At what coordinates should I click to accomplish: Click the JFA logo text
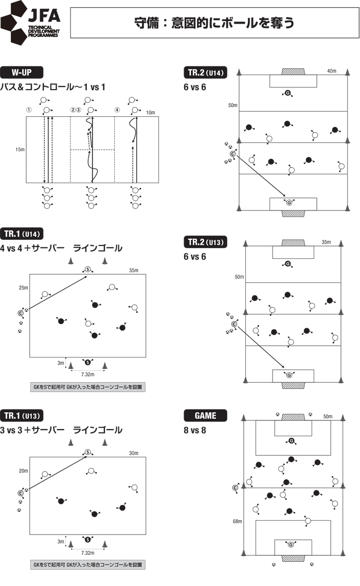tap(45, 15)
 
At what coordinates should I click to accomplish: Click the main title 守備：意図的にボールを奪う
tap(213, 23)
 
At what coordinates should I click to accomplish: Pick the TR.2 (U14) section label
tap(205, 73)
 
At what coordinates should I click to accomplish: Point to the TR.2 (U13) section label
tap(205, 242)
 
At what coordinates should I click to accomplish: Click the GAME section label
tap(205, 415)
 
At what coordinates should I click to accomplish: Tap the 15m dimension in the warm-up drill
tap(20, 150)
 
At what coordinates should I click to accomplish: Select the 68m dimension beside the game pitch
tap(237, 521)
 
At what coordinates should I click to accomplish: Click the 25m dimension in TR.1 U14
tap(24, 288)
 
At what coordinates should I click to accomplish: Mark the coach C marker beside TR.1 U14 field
tap(21, 312)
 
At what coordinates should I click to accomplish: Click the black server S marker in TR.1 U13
tap(87, 539)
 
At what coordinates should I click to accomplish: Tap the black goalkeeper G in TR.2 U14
tap(287, 93)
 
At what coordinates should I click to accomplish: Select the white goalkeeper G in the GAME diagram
tap(292, 545)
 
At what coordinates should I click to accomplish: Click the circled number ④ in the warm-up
tap(117, 110)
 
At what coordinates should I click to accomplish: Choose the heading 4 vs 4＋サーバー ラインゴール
tap(61, 248)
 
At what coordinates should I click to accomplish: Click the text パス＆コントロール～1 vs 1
tap(53, 86)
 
